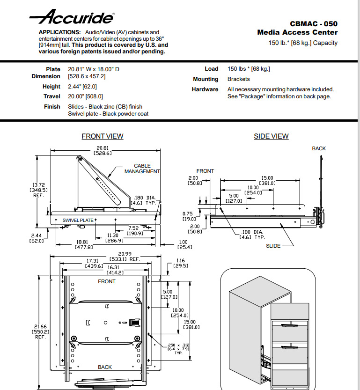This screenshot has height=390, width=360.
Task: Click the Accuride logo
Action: [x=71, y=18]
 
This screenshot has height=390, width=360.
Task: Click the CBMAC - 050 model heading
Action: [x=313, y=23]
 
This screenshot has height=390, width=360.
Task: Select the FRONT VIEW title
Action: [x=103, y=136]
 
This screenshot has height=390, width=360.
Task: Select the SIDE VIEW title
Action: [x=271, y=136]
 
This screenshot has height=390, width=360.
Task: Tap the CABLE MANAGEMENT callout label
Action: [x=142, y=169]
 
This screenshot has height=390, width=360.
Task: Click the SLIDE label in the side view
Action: [x=274, y=245]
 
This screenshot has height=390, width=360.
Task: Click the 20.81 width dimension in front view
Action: [x=103, y=151]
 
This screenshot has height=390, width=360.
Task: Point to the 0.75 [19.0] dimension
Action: [x=190, y=216]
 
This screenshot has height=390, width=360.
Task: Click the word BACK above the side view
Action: [x=319, y=148]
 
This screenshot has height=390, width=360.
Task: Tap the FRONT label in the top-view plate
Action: [x=106, y=281]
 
